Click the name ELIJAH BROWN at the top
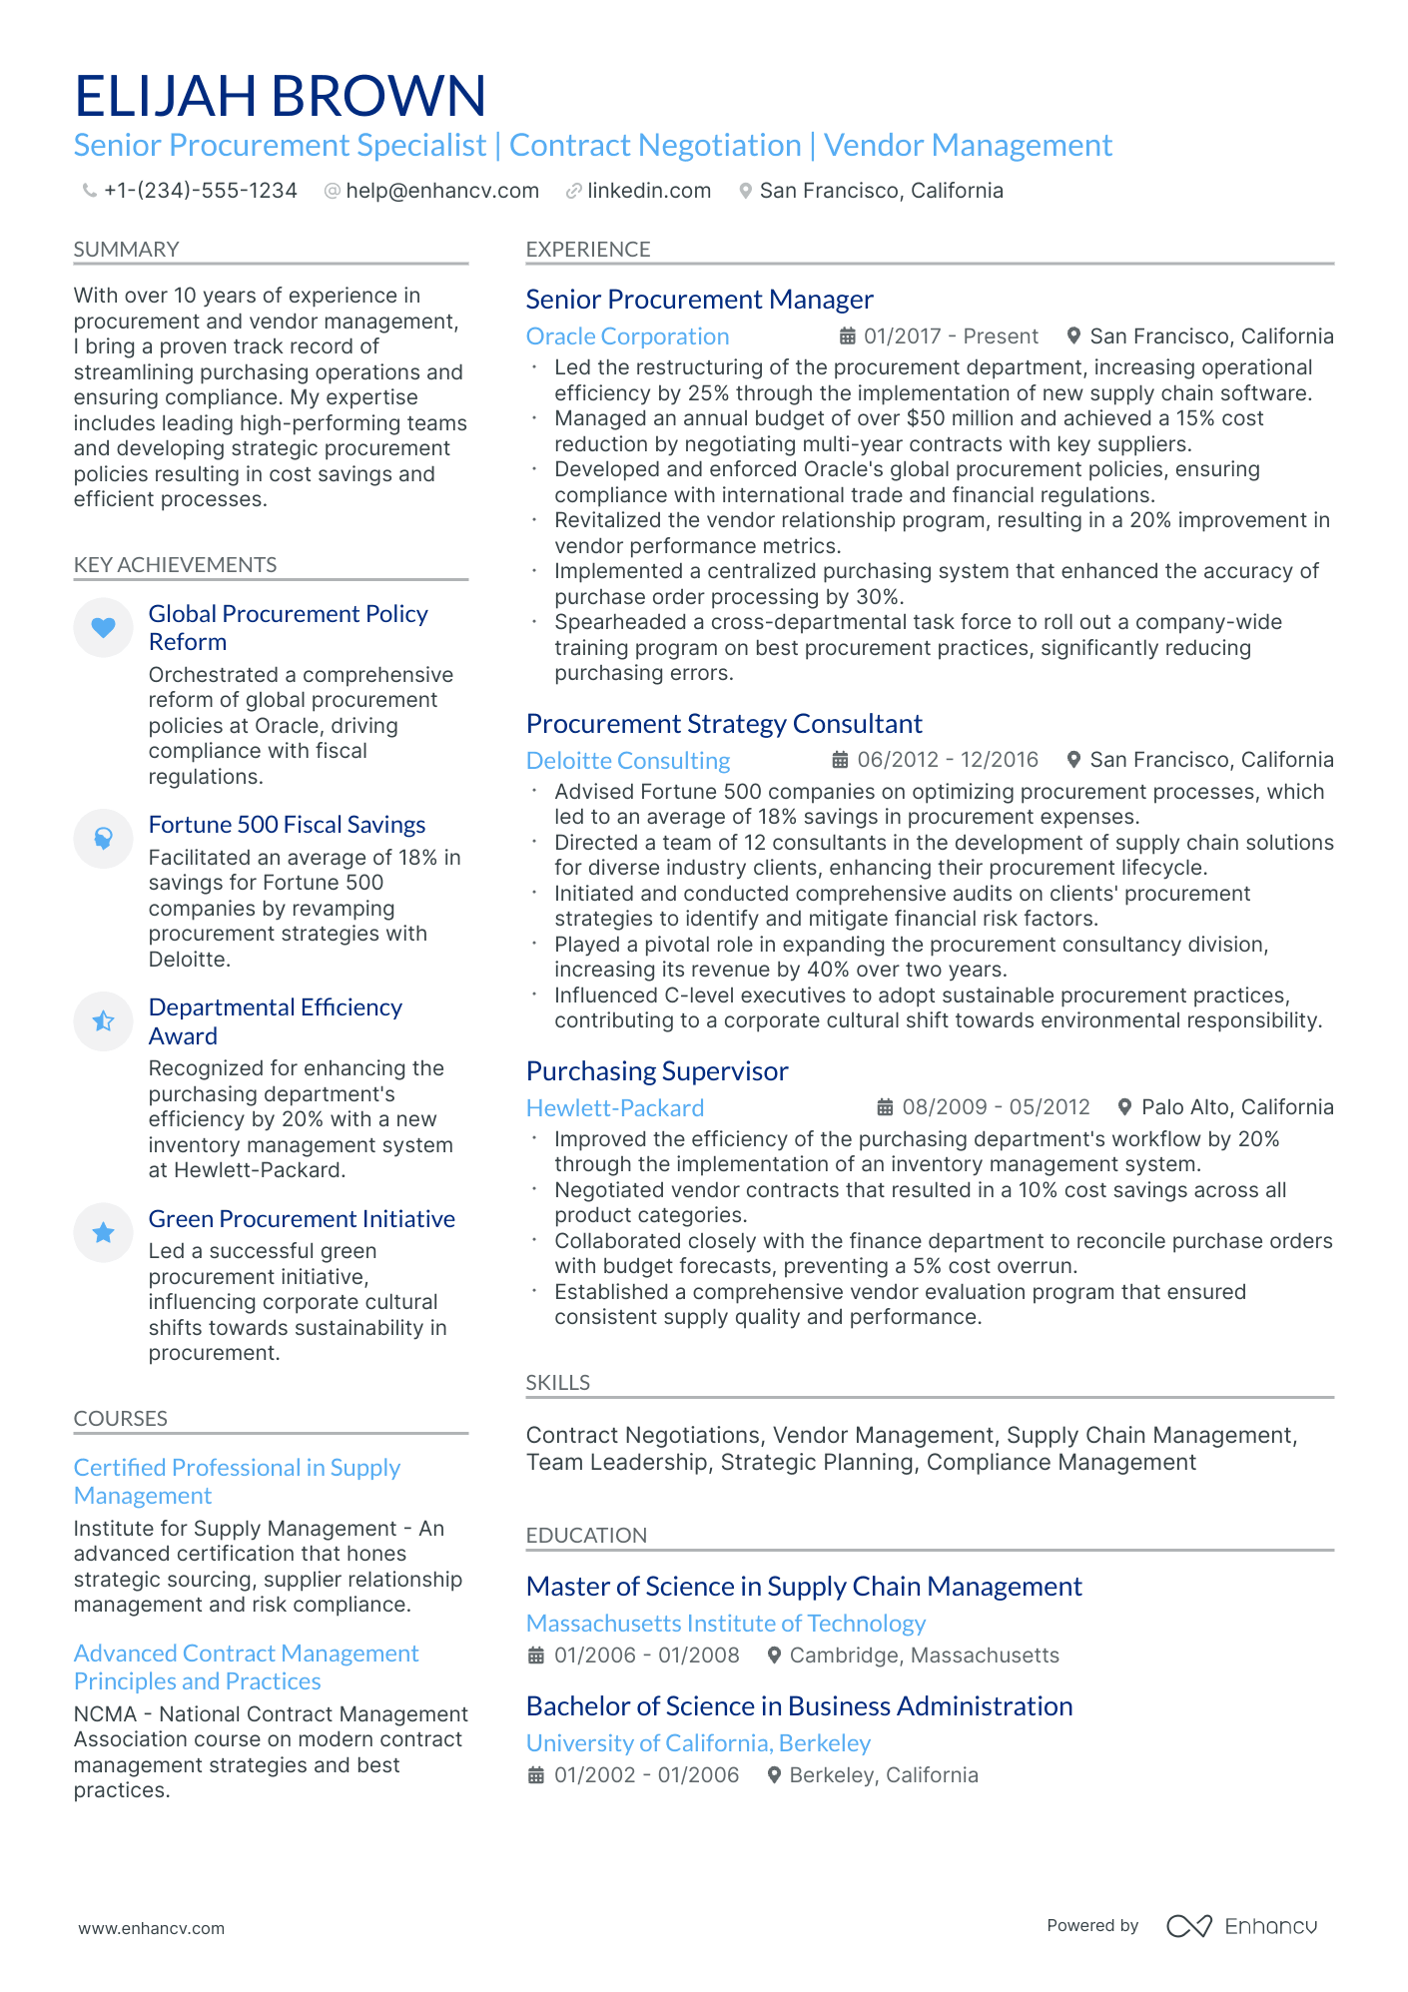280,96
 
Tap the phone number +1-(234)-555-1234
200,191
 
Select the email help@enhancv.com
441,191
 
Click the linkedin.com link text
648,191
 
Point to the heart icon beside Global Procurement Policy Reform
103,627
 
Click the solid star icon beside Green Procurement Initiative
103,1232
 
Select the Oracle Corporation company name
627,336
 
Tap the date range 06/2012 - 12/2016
947,760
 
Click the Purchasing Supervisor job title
656,1071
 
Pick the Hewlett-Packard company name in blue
614,1108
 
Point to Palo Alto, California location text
1236,1107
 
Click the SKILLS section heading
557,1383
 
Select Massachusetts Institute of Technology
725,1624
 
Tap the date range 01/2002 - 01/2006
646,1775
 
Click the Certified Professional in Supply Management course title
237,1482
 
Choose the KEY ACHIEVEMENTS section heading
175,565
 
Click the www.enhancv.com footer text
151,1928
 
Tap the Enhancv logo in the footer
1241,1926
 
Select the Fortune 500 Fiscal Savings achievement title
287,825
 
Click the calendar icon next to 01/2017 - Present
847,336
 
